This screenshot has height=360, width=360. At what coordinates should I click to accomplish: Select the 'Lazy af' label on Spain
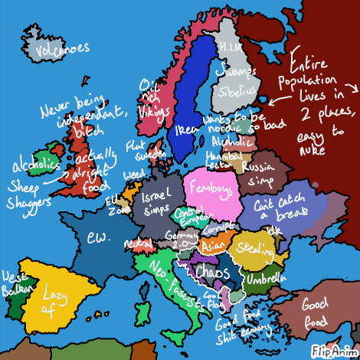coord(54,301)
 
